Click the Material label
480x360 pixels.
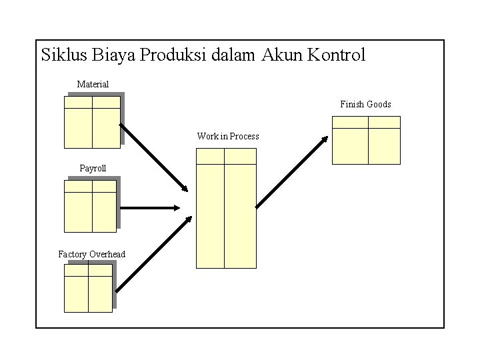93,84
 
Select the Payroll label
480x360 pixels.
93,169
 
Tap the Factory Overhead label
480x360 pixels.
91,254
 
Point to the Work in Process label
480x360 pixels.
228,137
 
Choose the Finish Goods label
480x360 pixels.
365,105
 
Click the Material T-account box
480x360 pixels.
92,122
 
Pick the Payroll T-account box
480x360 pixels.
91,206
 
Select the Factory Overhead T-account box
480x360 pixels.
88,288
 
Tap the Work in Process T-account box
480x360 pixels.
226,208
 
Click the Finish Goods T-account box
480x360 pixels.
366,140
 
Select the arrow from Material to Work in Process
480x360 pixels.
154,157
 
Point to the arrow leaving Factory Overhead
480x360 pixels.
154,254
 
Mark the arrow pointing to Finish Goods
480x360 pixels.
292,172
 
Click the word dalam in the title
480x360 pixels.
233,55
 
